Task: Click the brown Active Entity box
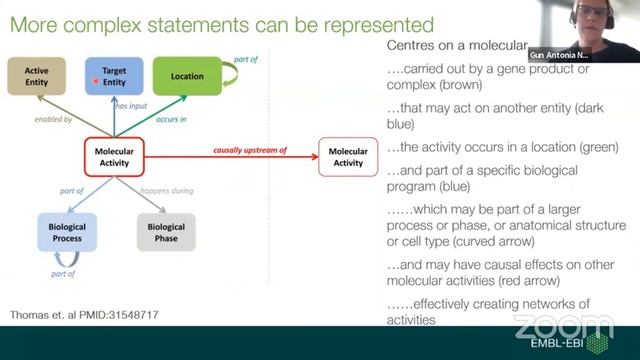[x=38, y=76]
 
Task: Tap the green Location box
[x=187, y=76]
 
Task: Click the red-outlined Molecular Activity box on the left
[x=116, y=156]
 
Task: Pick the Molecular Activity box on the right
[x=348, y=157]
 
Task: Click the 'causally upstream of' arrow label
[x=250, y=150]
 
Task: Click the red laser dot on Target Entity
[x=97, y=80]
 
